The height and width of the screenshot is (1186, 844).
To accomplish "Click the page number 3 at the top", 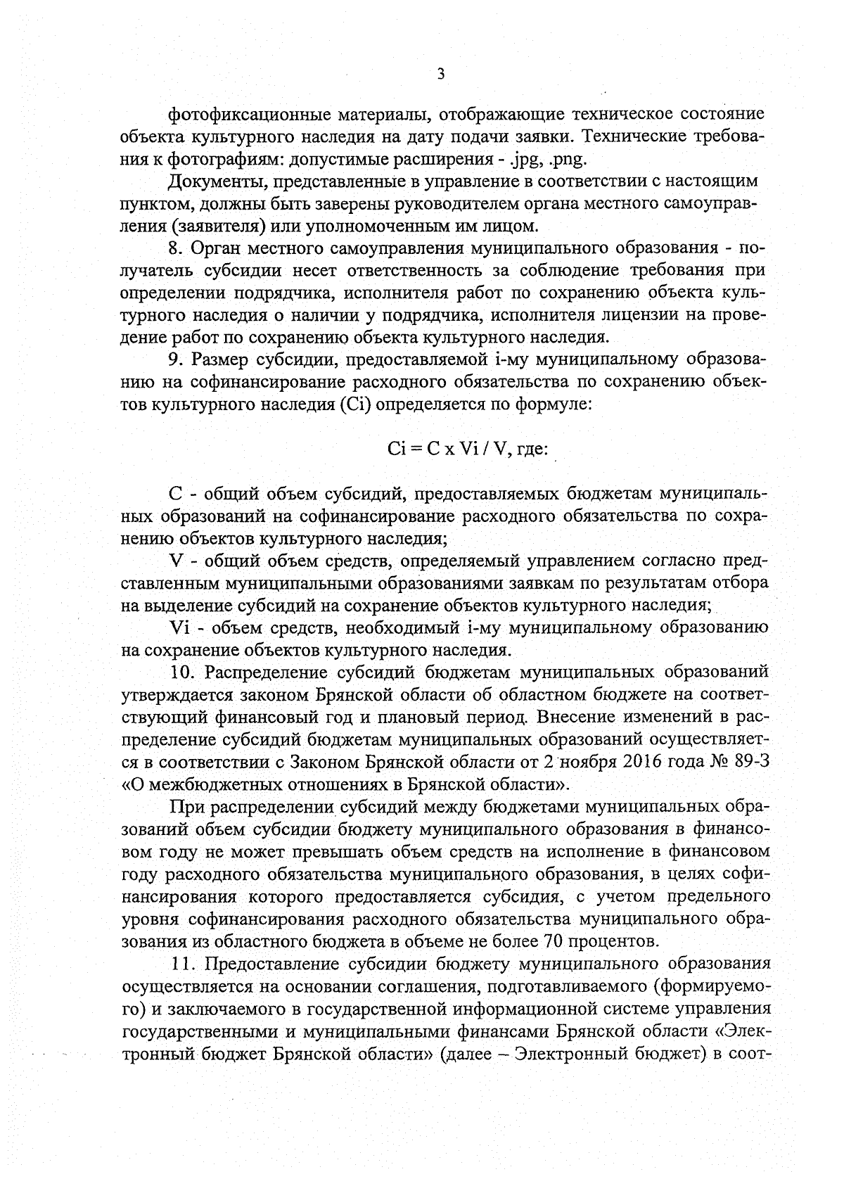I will pos(440,74).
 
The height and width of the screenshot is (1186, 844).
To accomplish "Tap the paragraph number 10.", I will pos(181,672).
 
